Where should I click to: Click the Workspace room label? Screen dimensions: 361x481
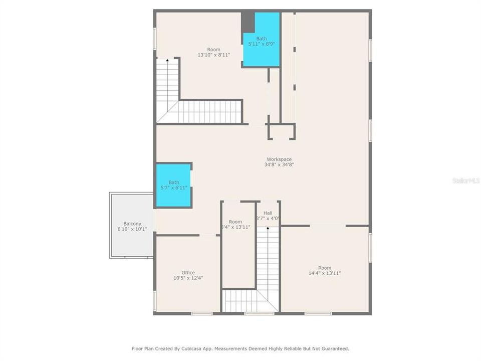tap(279, 159)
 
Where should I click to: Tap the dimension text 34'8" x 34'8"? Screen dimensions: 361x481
tap(279, 164)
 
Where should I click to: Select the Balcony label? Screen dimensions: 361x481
tap(132, 224)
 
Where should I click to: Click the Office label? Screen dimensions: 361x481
tap(188, 273)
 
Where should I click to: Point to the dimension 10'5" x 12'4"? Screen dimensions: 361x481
tap(188, 278)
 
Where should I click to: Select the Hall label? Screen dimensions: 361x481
tap(268, 213)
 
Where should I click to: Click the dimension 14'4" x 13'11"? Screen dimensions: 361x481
tap(325, 273)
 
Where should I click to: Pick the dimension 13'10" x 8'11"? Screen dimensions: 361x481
tap(213, 55)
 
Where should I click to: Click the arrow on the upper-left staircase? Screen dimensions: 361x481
tap(167, 60)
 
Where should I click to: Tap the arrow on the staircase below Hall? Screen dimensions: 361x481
tap(268, 229)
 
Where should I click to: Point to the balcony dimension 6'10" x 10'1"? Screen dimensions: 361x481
tap(132, 229)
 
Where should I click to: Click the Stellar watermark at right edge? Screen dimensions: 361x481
tap(466, 180)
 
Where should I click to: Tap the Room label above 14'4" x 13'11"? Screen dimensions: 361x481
tap(325, 268)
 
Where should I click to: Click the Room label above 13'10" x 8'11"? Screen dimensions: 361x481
tap(213, 49)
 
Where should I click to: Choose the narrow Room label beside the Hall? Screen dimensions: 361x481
tap(235, 222)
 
